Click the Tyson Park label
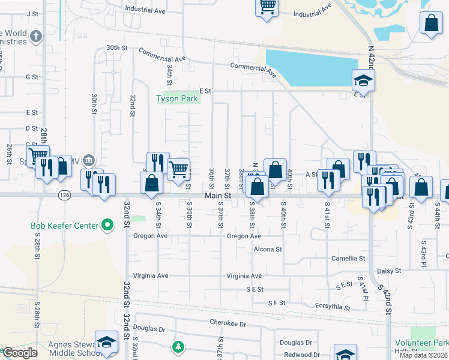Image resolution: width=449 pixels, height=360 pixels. coord(176,98)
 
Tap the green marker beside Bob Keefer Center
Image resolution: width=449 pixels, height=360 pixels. coord(107,226)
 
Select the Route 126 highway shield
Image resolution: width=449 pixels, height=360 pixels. coord(64,195)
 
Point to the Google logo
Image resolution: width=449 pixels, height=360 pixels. coord(20,353)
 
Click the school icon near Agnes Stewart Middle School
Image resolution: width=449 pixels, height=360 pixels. coord(106,343)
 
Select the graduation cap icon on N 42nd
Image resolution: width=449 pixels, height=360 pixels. coord(363,80)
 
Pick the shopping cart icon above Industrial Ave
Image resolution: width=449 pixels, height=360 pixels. coord(267,7)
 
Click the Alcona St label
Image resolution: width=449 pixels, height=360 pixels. coord(267,248)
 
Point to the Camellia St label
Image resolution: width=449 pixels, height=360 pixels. coord(348,259)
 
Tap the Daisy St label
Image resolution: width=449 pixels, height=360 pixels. coord(388,271)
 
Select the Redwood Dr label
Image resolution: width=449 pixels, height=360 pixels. coord(298,355)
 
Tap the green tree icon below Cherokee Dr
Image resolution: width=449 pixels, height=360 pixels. coord(178,346)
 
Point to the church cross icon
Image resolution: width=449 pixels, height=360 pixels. coord(35,37)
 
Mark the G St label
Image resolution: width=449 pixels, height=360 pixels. coord(32,77)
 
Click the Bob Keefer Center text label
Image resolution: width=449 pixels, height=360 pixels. coord(64,226)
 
